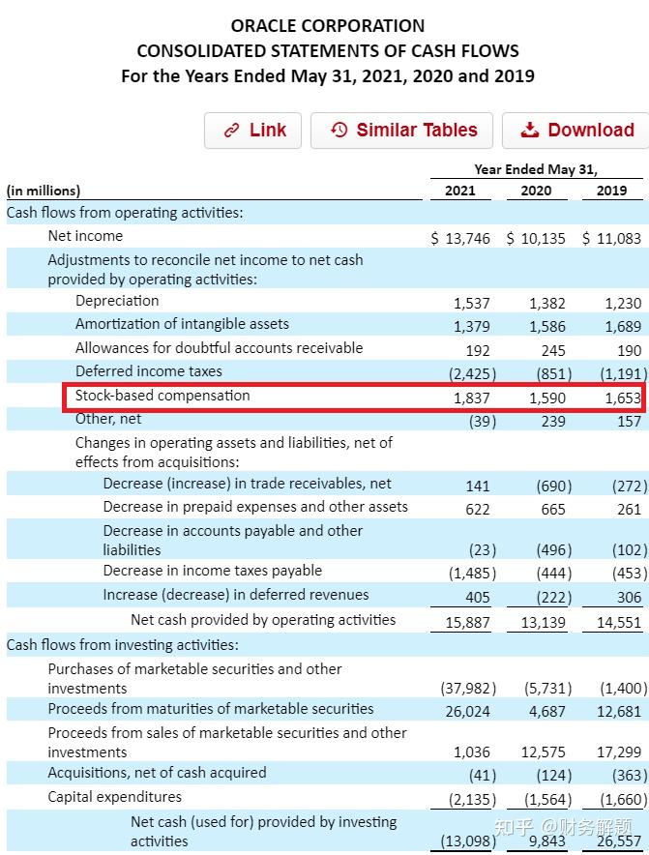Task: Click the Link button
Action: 253,131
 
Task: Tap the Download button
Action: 576,131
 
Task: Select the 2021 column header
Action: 459,191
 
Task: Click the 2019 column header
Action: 611,191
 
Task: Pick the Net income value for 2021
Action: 460,238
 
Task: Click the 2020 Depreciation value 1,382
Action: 547,303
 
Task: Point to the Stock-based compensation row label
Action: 162,396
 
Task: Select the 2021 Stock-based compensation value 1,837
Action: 472,398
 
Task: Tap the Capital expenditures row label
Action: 115,797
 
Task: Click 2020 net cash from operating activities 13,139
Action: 543,623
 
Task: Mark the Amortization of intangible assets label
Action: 182,324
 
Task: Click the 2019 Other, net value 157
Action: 629,421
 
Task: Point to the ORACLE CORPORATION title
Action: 328,26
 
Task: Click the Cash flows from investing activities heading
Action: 122,645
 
